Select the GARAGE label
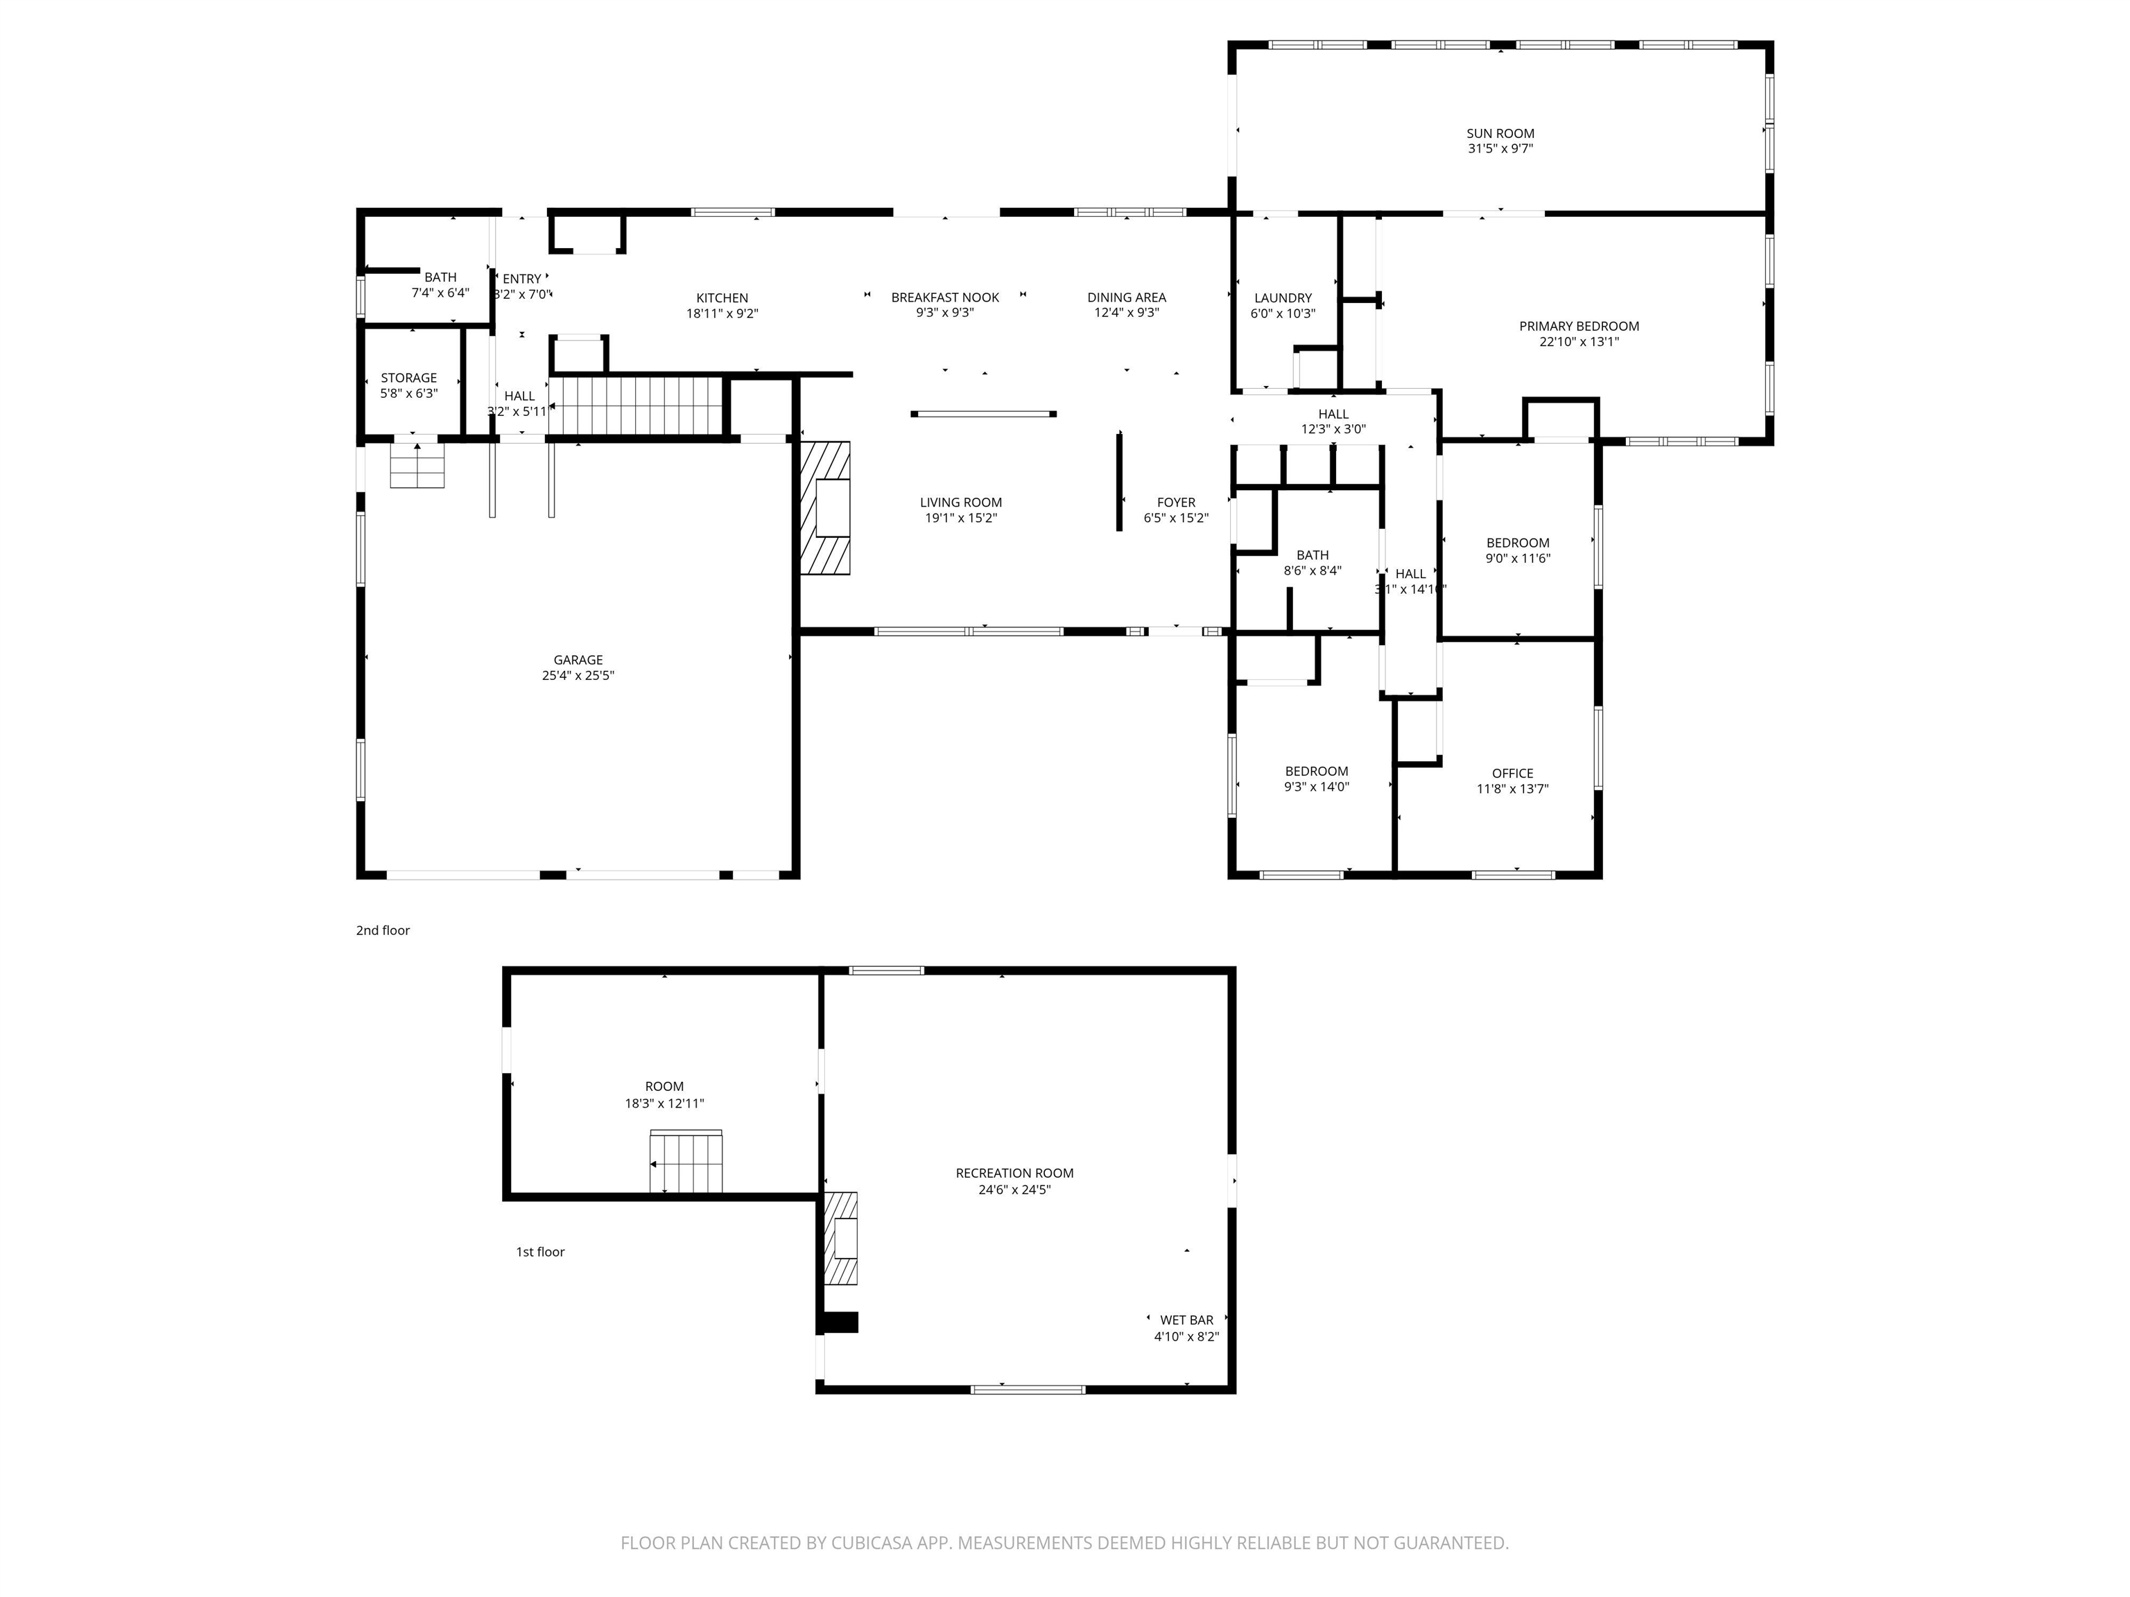pos(578,659)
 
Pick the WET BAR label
pos(1186,1320)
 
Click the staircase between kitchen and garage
pos(637,405)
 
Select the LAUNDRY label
pos(1283,299)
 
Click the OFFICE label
pos(1512,773)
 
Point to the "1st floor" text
pos(539,1251)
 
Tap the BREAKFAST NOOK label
pos(944,297)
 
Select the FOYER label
pos(1176,503)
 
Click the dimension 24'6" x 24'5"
pos(1014,1189)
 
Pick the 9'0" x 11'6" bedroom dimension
pos(1518,558)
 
